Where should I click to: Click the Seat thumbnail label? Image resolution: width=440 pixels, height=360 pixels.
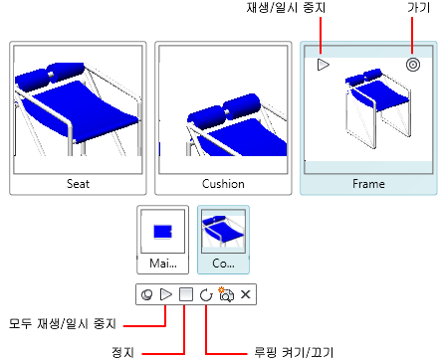click(x=78, y=184)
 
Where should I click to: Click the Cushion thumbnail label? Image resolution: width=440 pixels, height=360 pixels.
click(x=223, y=184)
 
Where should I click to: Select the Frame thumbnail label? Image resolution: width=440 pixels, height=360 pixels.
click(x=368, y=184)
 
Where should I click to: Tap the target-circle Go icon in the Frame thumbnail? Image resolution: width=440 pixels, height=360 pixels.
click(x=413, y=65)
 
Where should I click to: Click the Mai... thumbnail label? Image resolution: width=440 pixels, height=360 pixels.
click(x=163, y=264)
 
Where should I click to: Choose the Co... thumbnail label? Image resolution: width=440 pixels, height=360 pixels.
click(x=223, y=264)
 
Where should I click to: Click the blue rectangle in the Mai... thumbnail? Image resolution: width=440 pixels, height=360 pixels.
click(x=162, y=232)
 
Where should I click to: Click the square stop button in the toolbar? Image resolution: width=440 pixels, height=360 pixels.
click(x=186, y=294)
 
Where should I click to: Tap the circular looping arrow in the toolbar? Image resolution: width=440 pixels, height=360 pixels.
click(x=206, y=294)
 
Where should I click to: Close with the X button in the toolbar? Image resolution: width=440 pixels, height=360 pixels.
click(x=246, y=294)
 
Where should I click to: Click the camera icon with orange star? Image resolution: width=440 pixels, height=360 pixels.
click(x=226, y=294)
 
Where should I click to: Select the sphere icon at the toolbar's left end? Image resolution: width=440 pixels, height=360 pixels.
click(x=147, y=294)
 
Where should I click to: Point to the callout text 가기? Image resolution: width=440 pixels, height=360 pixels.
click(x=419, y=8)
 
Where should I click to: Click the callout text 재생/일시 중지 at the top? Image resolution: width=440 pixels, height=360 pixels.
click(x=286, y=8)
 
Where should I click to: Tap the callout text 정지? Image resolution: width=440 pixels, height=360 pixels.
click(x=123, y=352)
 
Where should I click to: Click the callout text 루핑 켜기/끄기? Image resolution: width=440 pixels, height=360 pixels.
click(x=294, y=352)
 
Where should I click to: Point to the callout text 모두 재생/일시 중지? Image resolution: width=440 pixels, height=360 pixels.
click(x=63, y=323)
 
